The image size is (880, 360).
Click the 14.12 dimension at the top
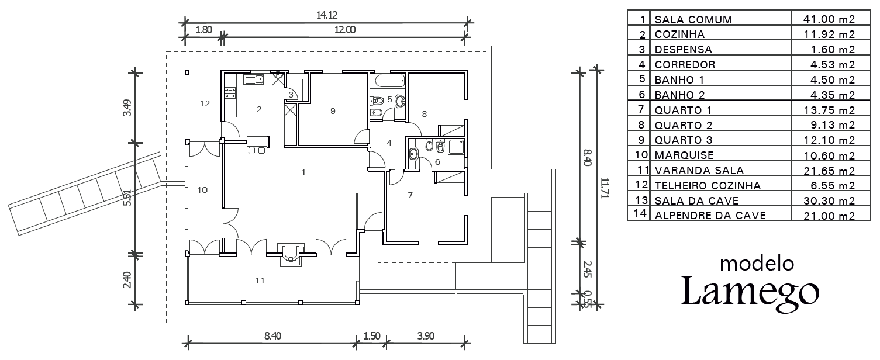coord(327,15)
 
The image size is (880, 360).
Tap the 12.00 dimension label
coord(345,30)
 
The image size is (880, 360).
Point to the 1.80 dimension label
coord(203,30)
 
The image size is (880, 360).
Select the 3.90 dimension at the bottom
coord(426,336)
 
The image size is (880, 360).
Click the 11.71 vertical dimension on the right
coord(604,188)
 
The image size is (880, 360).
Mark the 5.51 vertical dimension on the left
coord(126,198)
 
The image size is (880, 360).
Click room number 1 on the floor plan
coord(303,172)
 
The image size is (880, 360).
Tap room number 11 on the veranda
coord(260,281)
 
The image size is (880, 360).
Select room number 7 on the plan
coord(410,195)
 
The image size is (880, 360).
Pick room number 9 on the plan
coord(333,111)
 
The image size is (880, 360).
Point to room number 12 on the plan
coord(205,103)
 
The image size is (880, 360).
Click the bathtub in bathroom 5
coord(389,81)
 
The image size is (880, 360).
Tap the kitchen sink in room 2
coord(254,79)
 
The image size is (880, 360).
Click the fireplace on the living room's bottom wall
coord(291,255)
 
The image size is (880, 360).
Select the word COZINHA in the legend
coord(679,34)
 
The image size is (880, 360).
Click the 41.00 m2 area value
coord(829,19)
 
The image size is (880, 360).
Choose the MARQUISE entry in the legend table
coord(684,155)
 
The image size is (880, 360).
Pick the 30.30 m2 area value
coord(829,201)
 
